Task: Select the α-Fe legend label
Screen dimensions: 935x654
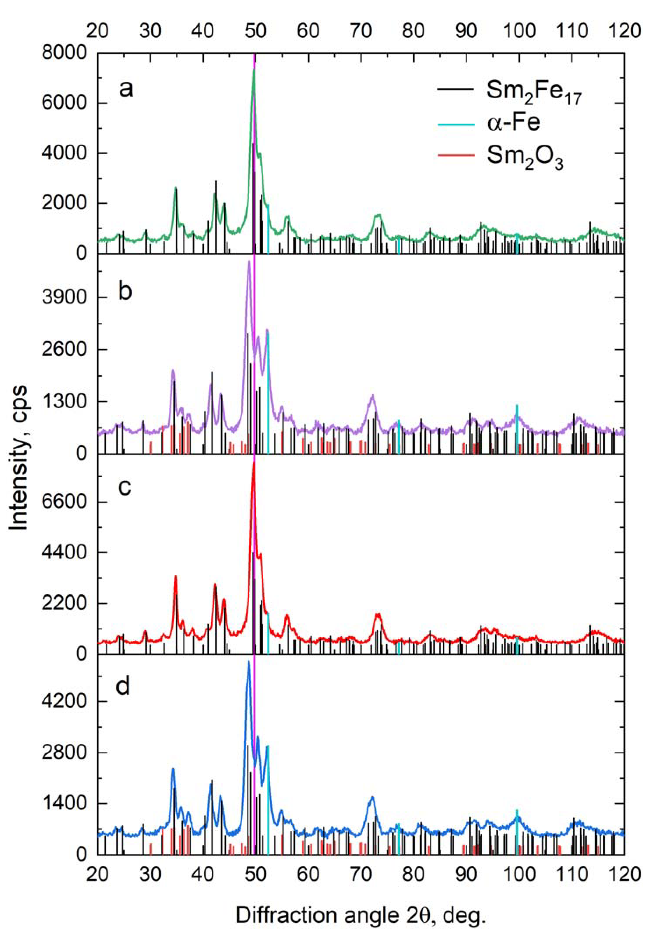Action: click(514, 122)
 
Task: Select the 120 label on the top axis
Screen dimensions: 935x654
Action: click(624, 30)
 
